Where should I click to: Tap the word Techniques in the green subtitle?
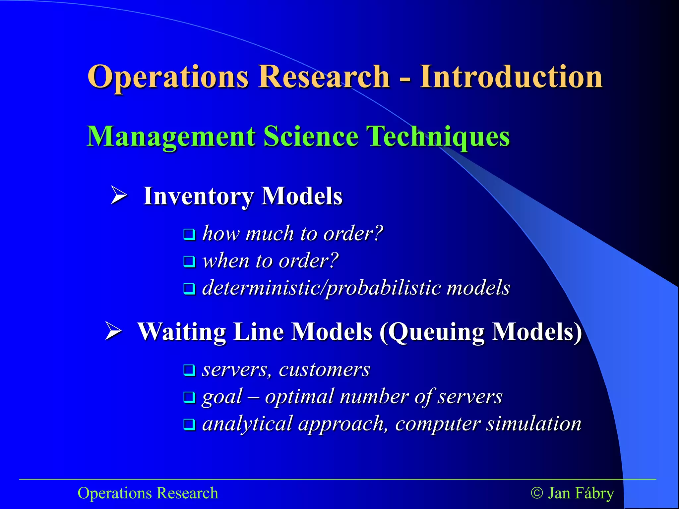click(x=438, y=137)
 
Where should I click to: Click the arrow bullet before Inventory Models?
click(x=119, y=195)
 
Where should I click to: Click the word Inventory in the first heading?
click(x=198, y=196)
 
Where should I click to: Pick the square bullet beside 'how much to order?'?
click(x=189, y=235)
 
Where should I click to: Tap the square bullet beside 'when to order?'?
click(x=189, y=262)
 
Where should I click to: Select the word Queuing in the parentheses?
click(x=436, y=332)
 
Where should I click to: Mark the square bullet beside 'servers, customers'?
click(x=189, y=370)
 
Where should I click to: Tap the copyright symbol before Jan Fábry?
click(x=537, y=493)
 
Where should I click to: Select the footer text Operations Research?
click(x=148, y=493)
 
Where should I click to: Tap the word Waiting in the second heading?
click(x=182, y=332)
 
